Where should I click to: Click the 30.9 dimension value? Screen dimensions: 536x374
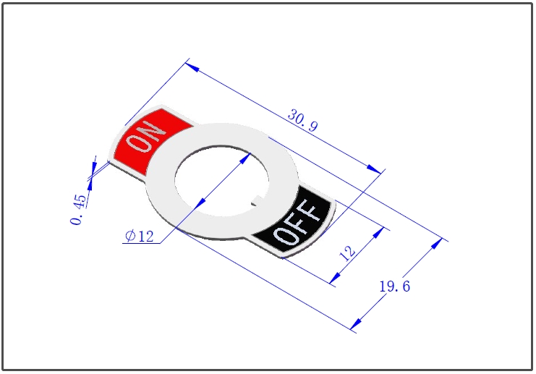pyautogui.click(x=303, y=120)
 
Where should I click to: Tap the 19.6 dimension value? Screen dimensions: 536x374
pyautogui.click(x=394, y=286)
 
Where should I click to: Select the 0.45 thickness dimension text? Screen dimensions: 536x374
pyautogui.click(x=78, y=210)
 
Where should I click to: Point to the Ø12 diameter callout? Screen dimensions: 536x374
pyautogui.click(x=140, y=236)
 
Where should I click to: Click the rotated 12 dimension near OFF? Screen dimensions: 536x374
pyautogui.click(x=347, y=253)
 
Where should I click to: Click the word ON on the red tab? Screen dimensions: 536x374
pyautogui.click(x=145, y=137)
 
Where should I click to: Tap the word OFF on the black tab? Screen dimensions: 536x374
pyautogui.click(x=297, y=222)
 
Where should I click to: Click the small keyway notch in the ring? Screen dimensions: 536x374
pyautogui.click(x=255, y=201)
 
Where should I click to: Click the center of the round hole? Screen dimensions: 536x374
pyautogui.click(x=221, y=181)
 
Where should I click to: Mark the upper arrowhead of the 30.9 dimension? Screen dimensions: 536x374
pyautogui.click(x=192, y=67)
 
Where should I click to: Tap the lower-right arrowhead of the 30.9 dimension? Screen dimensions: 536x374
pyautogui.click(x=374, y=169)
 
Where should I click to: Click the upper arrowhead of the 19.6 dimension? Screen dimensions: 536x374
pyautogui.click(x=437, y=243)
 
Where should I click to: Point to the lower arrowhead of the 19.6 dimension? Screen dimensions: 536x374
pyautogui.click(x=356, y=323)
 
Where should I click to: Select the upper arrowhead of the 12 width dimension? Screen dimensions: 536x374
pyautogui.click(x=378, y=233)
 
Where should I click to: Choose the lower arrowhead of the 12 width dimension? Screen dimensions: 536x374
pyautogui.click(x=336, y=278)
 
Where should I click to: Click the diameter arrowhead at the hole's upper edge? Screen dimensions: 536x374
pyautogui.click(x=245, y=158)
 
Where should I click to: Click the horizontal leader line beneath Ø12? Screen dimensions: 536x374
pyautogui.click(x=141, y=243)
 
